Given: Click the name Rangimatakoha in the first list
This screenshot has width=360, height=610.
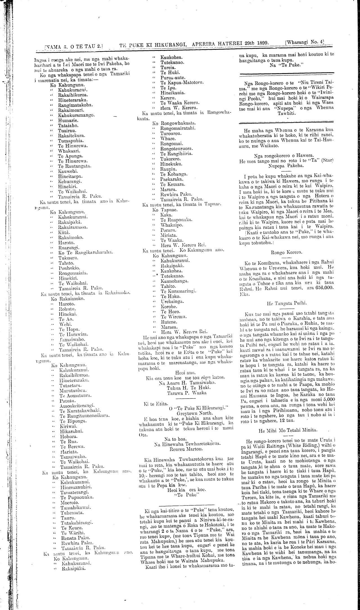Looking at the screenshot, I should pyautogui.click(x=75, y=105).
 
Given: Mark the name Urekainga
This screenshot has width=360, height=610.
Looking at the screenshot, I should pyautogui.click(x=172, y=302).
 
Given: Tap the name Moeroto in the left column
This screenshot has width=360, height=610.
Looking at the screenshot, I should pyautogui.click(x=70, y=502).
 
